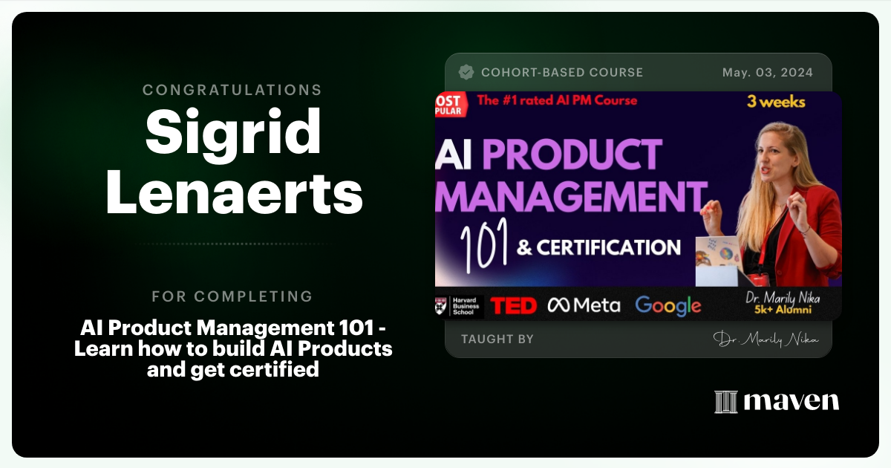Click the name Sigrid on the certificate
pyautogui.click(x=233, y=132)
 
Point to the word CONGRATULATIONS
pyautogui.click(x=232, y=90)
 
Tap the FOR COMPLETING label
pyautogui.click(x=232, y=296)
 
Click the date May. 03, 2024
pyautogui.click(x=767, y=72)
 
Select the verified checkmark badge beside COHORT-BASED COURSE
pyautogui.click(x=466, y=72)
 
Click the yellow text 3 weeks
pyautogui.click(x=776, y=102)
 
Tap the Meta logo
pyautogui.click(x=584, y=305)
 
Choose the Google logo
pyautogui.click(x=668, y=305)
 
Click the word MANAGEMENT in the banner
pyautogui.click(x=569, y=198)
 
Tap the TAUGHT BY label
pyautogui.click(x=497, y=339)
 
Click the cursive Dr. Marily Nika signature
pyautogui.click(x=766, y=339)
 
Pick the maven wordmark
pyautogui.click(x=791, y=402)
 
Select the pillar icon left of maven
pyautogui.click(x=725, y=402)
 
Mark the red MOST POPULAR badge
pyautogui.click(x=448, y=105)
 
